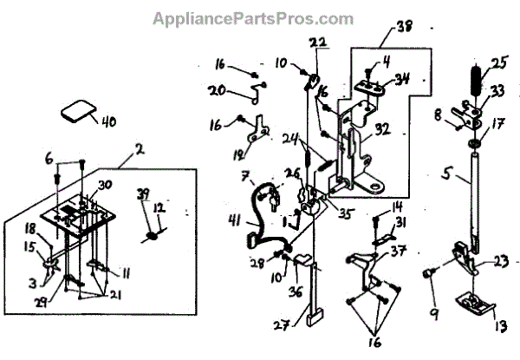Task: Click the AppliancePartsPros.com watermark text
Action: pyautogui.click(x=252, y=17)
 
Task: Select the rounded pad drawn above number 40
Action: pyautogui.click(x=76, y=110)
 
